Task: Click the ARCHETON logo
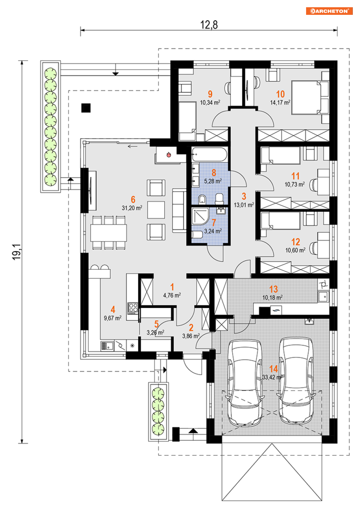coord(329,11)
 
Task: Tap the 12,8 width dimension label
coord(209,25)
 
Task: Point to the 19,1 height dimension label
coord(17,252)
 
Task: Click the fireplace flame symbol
coord(169,155)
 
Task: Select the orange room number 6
coord(133,199)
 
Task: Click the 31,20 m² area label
coord(132,208)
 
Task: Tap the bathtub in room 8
coord(209,154)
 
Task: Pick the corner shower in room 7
coord(200,216)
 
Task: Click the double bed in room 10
coord(310,97)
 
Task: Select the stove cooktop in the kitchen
coord(133,308)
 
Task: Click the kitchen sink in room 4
coord(107,346)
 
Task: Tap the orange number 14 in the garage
coord(274,369)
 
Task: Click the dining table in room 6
coord(109,233)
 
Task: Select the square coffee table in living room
coord(156,210)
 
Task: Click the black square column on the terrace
coord(86,108)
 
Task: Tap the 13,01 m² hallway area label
coord(244,205)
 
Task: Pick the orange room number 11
coord(295,176)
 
